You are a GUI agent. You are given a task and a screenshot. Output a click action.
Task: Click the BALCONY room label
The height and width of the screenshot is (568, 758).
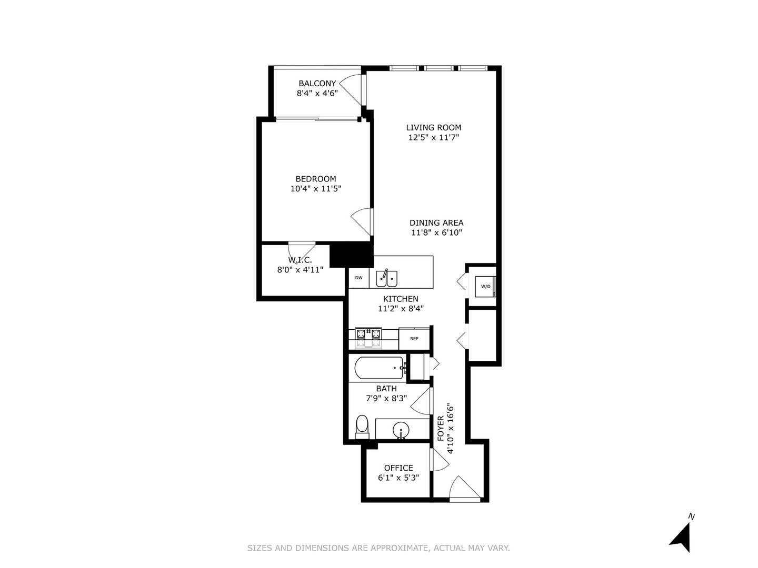(317, 83)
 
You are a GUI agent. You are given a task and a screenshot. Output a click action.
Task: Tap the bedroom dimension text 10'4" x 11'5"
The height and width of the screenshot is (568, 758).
(316, 189)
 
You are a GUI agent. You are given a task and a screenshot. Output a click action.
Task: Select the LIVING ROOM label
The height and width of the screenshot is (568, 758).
(433, 127)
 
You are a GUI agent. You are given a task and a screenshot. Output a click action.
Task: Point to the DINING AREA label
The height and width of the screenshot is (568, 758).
(436, 222)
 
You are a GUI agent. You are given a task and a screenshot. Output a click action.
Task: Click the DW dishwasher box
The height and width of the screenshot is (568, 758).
(358, 278)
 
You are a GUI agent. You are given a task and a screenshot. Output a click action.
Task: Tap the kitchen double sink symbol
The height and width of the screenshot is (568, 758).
(386, 278)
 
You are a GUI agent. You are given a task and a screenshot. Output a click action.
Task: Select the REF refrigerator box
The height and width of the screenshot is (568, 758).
(414, 339)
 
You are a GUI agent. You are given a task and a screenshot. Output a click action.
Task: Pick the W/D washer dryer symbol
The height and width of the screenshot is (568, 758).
(485, 287)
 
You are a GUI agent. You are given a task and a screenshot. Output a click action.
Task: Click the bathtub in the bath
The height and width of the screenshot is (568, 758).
(379, 368)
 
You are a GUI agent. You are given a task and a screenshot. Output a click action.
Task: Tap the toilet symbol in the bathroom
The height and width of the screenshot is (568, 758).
(362, 426)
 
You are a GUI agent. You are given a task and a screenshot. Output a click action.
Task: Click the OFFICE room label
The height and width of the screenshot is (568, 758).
(398, 468)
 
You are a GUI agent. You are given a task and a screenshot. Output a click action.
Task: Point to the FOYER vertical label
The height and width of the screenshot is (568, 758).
(441, 429)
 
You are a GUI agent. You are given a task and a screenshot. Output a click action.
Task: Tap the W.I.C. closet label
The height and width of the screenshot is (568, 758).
(300, 260)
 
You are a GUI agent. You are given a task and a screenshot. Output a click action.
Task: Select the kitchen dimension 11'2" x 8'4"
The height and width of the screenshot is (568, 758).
(401, 309)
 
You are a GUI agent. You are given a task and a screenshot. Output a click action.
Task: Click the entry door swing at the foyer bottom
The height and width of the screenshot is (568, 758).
(464, 488)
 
